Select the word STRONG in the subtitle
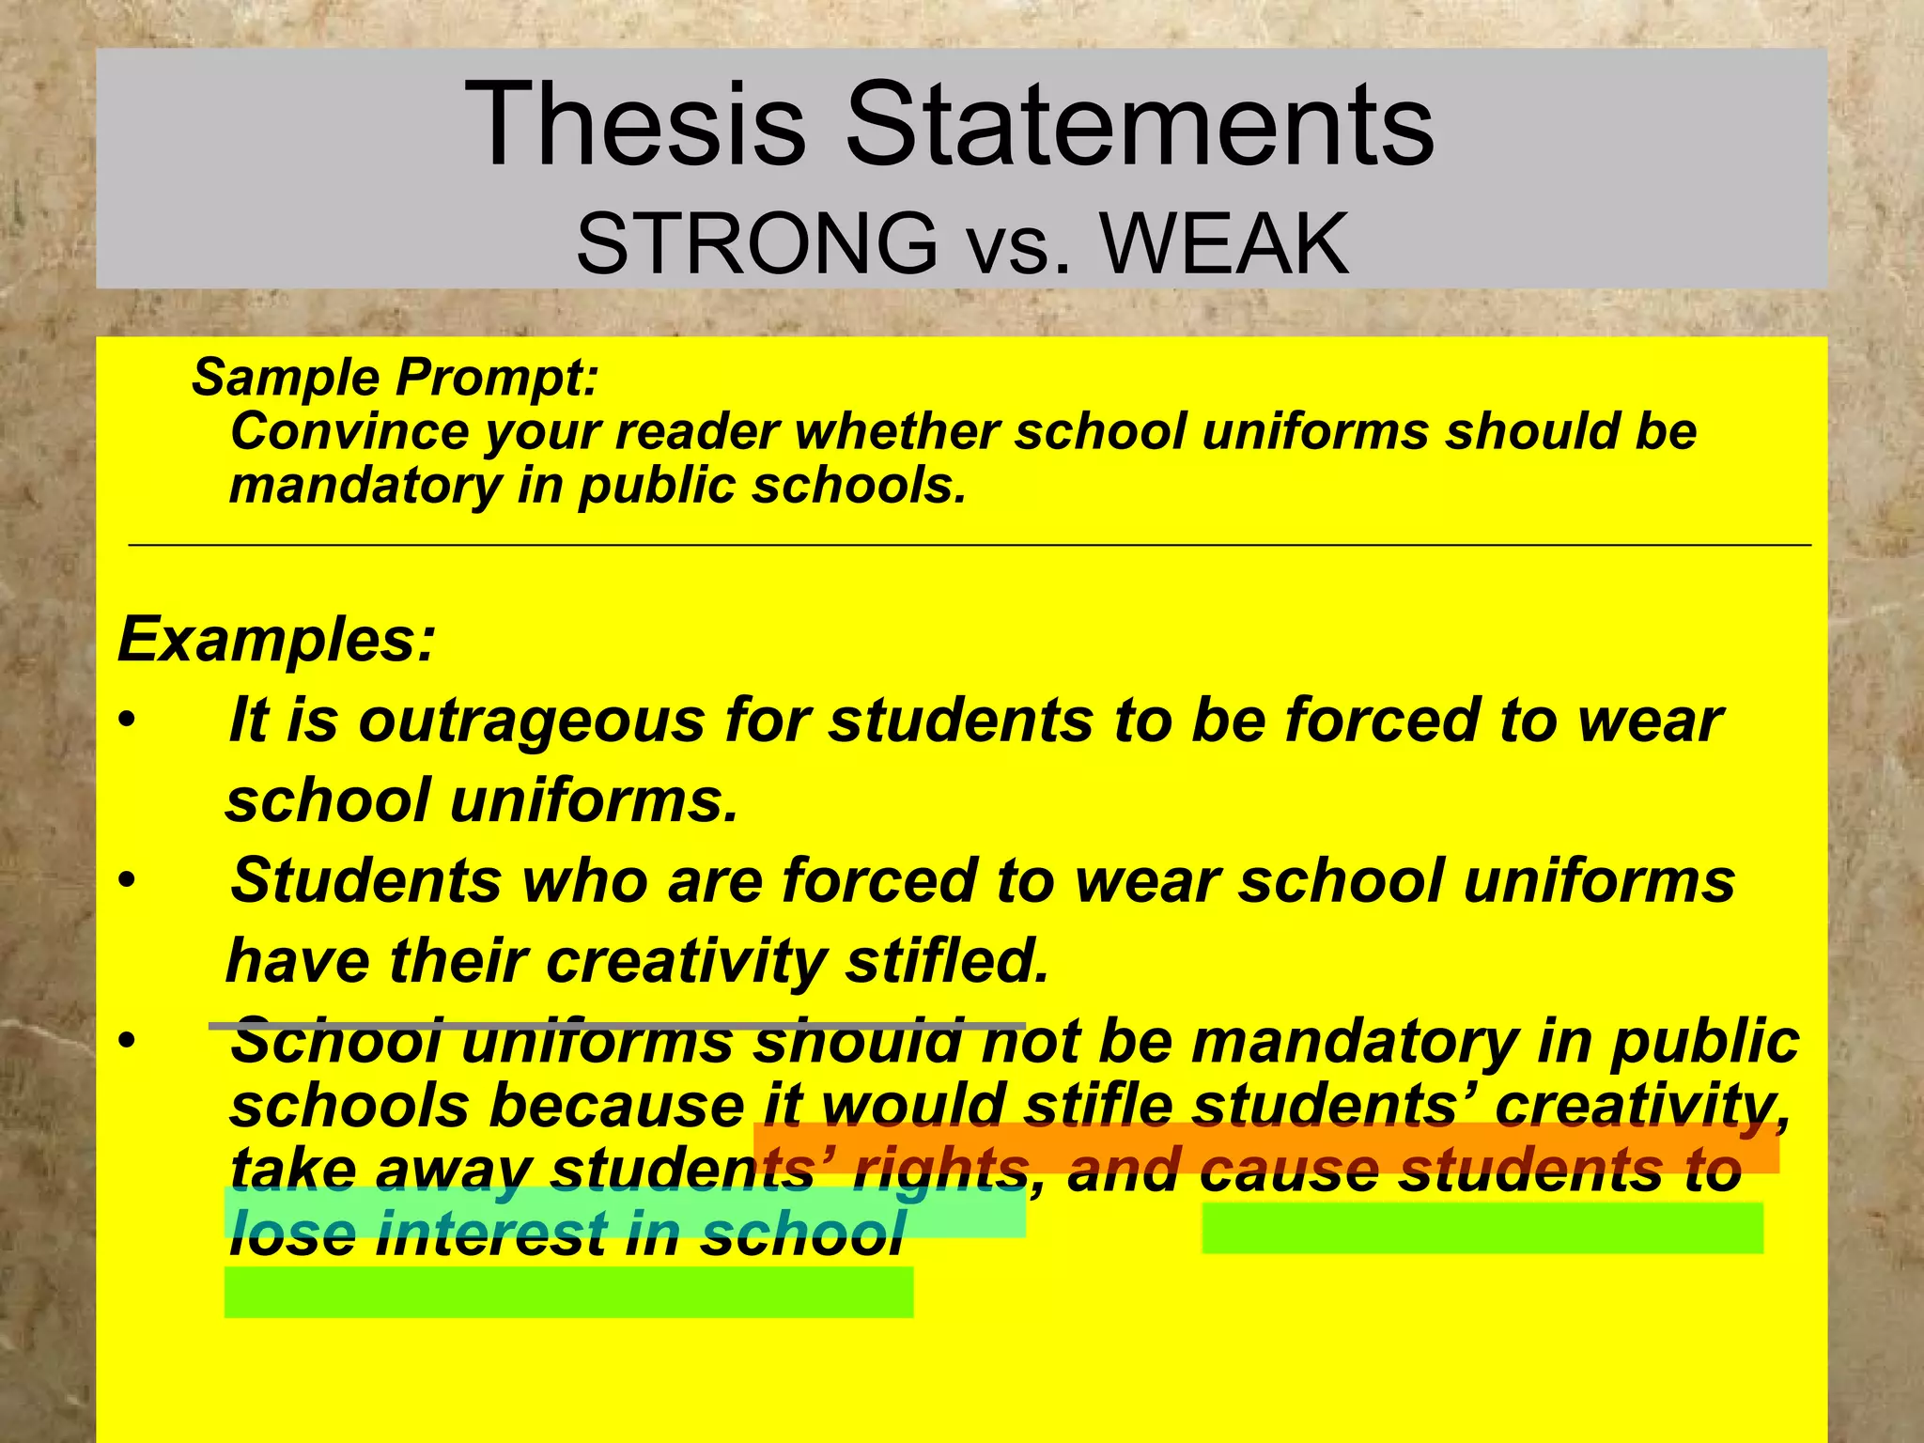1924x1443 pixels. (x=756, y=243)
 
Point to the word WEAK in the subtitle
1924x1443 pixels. (x=1226, y=243)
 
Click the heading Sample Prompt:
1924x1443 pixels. (x=396, y=378)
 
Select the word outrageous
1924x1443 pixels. (x=532, y=721)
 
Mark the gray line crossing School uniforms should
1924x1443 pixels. (x=615, y=1026)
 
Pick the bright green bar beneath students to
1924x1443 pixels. (x=1482, y=1228)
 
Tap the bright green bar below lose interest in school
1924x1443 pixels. (x=568, y=1293)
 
